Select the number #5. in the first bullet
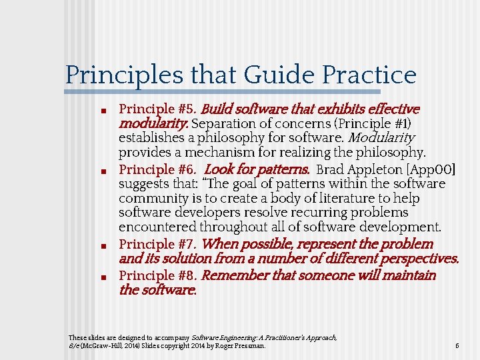185,109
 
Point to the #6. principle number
185,169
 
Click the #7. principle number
185,244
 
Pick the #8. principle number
185,275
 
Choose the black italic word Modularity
382,139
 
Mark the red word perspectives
418,259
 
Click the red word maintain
408,275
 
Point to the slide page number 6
457,346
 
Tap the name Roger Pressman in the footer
242,346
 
